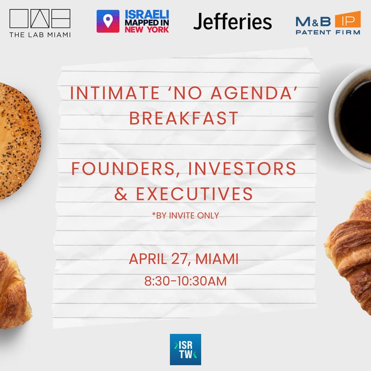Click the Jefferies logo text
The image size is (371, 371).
click(x=232, y=21)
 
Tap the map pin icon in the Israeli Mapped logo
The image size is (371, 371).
click(x=108, y=21)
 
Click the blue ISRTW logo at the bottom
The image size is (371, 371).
click(x=185, y=349)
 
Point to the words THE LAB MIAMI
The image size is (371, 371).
click(x=40, y=34)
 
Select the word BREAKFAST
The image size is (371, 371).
click(x=184, y=118)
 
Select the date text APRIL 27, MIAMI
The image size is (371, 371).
click(x=184, y=258)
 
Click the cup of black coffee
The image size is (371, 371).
click(x=353, y=116)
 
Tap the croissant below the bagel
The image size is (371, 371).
click(x=12, y=288)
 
